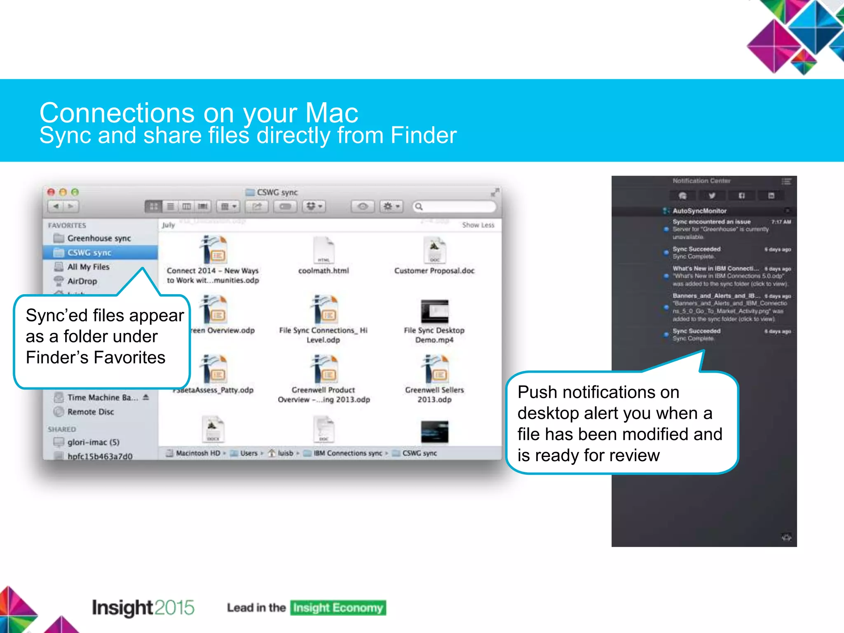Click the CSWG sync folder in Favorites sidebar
[89, 253]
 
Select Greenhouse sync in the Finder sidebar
[98, 238]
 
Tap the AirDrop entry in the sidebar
[82, 281]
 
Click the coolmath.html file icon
[324, 250]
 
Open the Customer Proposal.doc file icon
[434, 250]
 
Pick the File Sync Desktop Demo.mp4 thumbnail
[434, 311]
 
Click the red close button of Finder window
[51, 192]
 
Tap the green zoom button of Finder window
[75, 192]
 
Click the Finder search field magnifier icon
[419, 206]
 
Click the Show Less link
[478, 225]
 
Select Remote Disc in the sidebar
[90, 412]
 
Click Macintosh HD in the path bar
[197, 453]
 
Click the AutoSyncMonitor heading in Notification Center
[699, 211]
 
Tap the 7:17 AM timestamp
[781, 222]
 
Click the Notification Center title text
[701, 181]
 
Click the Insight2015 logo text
[143, 607]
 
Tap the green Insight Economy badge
[338, 608]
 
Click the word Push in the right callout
[537, 392]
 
